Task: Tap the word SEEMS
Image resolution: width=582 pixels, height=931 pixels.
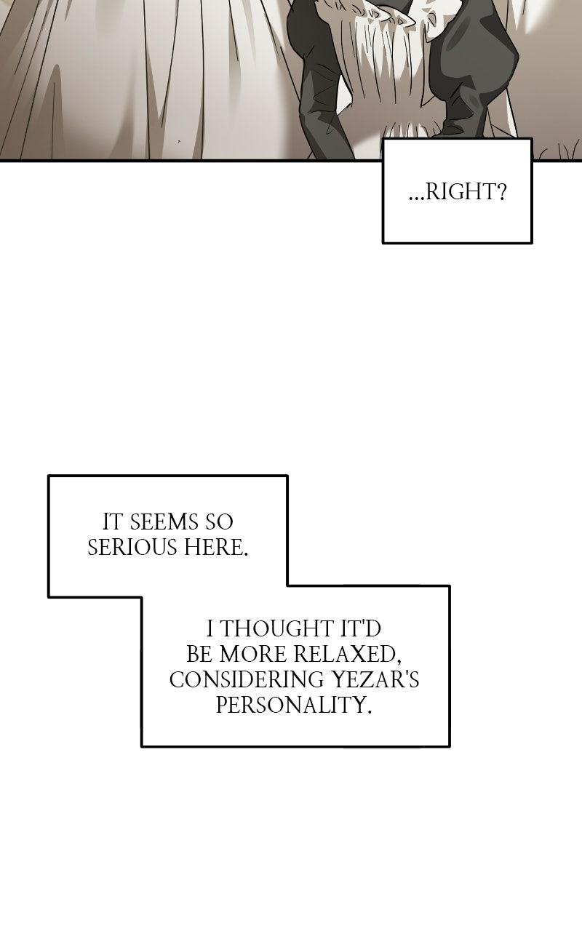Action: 164,522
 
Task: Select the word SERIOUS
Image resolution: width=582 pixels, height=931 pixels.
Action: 132,548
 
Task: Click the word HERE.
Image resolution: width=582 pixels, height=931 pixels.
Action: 216,548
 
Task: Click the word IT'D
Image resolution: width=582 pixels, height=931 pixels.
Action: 361,629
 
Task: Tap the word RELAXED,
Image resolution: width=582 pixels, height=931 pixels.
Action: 348,655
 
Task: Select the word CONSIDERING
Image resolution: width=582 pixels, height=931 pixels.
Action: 247,680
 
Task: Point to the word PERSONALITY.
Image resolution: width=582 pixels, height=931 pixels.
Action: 294,706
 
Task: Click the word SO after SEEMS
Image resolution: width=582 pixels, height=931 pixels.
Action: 219,522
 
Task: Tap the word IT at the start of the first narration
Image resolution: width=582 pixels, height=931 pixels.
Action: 113,522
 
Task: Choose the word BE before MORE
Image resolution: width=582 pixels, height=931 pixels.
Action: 199,655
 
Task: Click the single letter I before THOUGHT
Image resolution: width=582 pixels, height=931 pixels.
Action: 210,629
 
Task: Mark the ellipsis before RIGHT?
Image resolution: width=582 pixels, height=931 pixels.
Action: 417,199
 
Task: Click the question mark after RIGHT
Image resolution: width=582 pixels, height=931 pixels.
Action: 501,193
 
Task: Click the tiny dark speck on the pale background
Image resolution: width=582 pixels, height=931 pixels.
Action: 179,141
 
